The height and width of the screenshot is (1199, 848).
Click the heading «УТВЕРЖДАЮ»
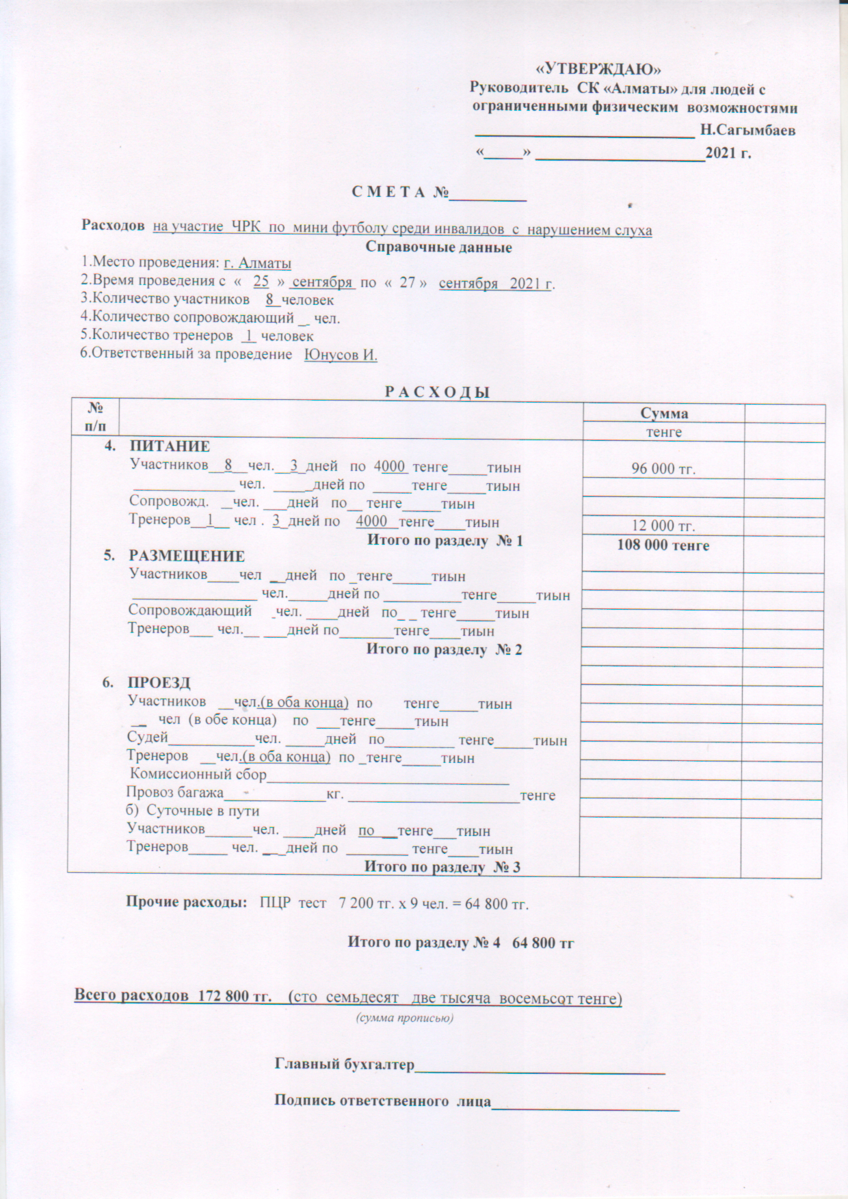pos(598,69)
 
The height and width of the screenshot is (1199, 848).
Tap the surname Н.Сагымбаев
pos(747,130)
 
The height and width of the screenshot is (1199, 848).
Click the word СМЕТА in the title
pos(388,192)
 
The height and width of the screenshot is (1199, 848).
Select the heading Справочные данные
pos(438,247)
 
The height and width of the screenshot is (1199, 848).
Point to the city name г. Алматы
pos(258,263)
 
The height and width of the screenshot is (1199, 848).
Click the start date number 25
pos(261,281)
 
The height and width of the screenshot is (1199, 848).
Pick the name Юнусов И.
pos(341,355)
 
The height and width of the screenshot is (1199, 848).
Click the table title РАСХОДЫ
pos(438,392)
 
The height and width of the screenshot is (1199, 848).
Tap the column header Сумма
pos(663,413)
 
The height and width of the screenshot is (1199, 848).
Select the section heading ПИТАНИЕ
pos(170,446)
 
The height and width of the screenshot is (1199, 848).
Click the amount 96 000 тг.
pos(663,470)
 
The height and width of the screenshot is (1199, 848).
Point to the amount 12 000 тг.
pos(663,526)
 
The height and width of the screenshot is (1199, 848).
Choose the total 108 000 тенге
pos(663,545)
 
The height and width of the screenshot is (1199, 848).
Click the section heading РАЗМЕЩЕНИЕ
pos(186,556)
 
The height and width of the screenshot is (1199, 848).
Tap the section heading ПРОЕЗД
pos(159,683)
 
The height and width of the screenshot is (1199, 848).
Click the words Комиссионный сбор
pos(198,774)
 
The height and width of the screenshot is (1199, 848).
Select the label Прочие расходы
pos(186,902)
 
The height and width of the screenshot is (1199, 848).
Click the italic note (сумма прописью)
pos(405,1018)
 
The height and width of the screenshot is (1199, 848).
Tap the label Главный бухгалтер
pos(345,1064)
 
